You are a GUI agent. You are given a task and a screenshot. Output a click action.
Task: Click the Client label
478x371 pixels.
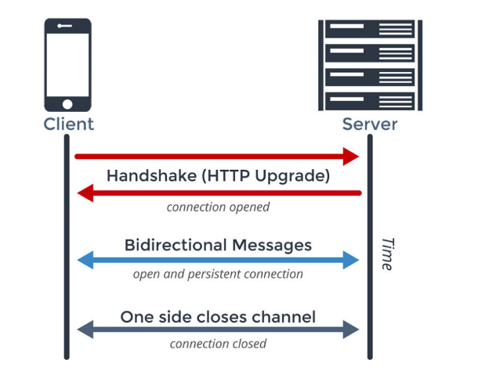pyautogui.click(x=68, y=124)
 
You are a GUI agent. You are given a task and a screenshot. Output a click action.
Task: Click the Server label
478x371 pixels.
pyautogui.click(x=369, y=124)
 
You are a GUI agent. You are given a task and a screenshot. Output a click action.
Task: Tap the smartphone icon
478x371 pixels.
pyautogui.click(x=67, y=66)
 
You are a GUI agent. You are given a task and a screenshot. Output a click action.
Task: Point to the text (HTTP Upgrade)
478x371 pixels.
pyautogui.click(x=266, y=175)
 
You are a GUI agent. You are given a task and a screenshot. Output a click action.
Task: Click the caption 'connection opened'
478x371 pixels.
pyautogui.click(x=218, y=207)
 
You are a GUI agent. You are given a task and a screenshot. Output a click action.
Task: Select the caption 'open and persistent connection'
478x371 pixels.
pyautogui.click(x=218, y=275)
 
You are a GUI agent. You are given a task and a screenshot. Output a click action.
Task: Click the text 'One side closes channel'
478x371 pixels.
pyautogui.click(x=218, y=317)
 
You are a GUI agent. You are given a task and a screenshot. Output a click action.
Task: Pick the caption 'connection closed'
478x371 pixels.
pyautogui.click(x=218, y=344)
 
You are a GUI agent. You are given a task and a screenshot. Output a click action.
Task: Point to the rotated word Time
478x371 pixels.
pyautogui.click(x=387, y=254)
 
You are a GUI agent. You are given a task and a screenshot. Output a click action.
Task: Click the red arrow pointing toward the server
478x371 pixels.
pyautogui.click(x=216, y=157)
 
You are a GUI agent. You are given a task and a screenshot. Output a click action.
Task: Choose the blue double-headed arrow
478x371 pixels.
pyautogui.click(x=218, y=260)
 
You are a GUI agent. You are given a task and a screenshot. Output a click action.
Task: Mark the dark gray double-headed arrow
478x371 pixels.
pyautogui.click(x=218, y=330)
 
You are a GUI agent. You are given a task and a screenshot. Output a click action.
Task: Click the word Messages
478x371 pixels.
pyautogui.click(x=272, y=245)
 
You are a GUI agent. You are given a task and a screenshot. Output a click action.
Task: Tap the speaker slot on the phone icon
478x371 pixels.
pyautogui.click(x=66, y=25)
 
